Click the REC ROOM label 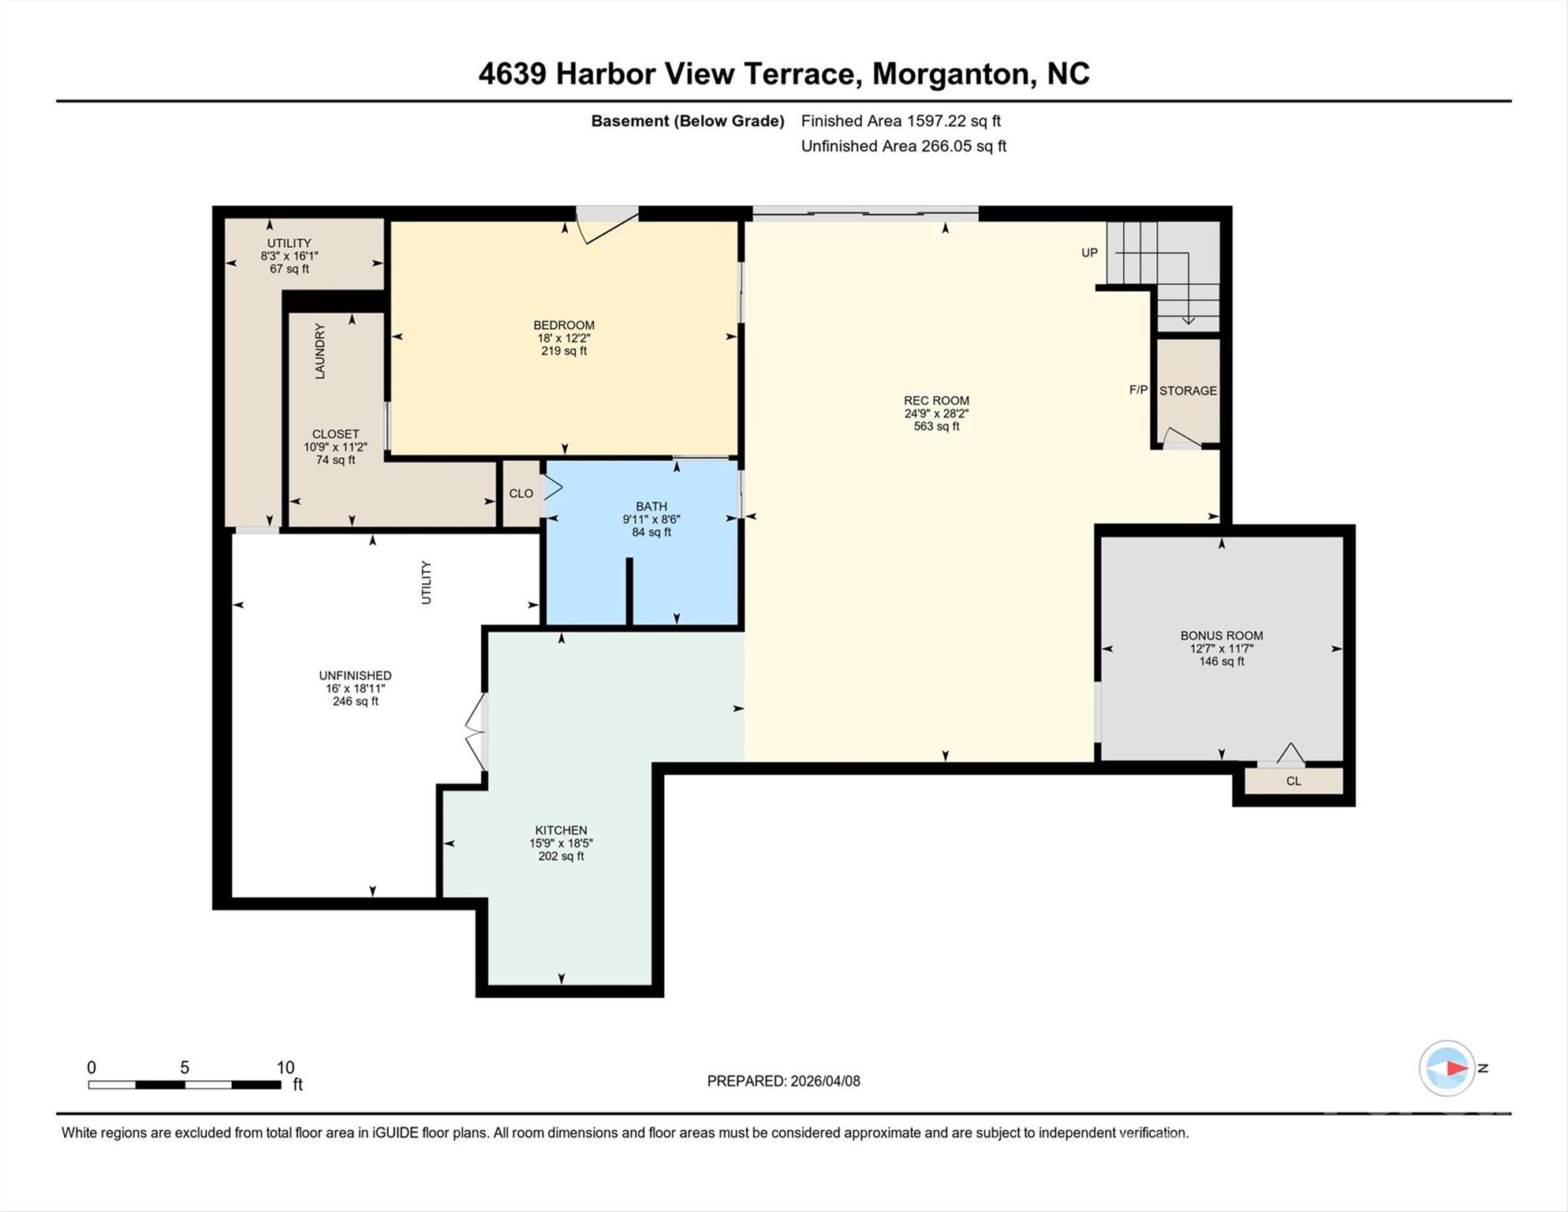coord(936,400)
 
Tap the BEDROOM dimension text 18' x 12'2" coord(563,338)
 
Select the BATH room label coord(651,507)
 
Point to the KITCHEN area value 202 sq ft coord(561,856)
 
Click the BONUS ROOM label coord(1221,635)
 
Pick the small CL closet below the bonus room coord(1294,781)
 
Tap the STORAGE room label coord(1188,391)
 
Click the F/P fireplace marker coord(1138,390)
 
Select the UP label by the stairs coord(1089,252)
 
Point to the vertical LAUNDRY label coord(320,351)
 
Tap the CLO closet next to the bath coord(521,493)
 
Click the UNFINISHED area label coord(355,675)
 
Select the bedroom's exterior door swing coord(606,226)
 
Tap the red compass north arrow coord(1456,1068)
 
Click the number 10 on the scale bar coord(285,1068)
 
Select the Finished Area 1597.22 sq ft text coord(901,121)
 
